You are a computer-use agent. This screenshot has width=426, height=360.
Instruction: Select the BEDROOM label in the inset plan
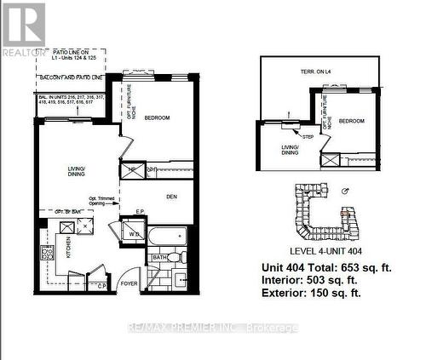click(x=351, y=122)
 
